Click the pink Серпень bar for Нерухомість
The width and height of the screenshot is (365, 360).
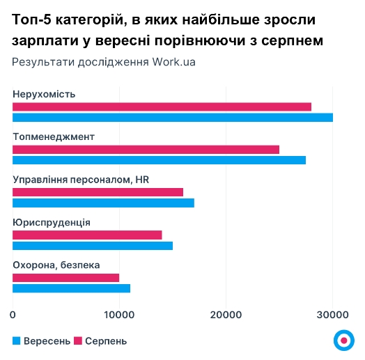(x=162, y=107)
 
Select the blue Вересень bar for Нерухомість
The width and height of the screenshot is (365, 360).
(x=173, y=117)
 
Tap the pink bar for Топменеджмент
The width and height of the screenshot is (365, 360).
(x=146, y=150)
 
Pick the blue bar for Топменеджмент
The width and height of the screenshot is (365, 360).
(x=159, y=160)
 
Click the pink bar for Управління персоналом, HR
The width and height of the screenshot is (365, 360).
(x=98, y=192)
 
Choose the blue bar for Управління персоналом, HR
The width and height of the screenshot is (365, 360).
(x=103, y=203)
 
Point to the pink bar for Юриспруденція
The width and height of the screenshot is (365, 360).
(x=87, y=235)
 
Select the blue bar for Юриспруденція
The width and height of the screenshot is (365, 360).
(x=93, y=246)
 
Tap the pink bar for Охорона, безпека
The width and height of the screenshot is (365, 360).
(x=65, y=278)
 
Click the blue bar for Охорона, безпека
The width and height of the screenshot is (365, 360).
(x=71, y=288)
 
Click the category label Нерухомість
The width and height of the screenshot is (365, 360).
(x=44, y=94)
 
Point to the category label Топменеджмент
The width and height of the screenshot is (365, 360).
(x=54, y=136)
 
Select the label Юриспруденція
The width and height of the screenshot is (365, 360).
(x=52, y=223)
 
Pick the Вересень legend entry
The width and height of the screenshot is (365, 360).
(x=42, y=341)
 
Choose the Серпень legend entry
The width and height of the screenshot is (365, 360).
(x=100, y=341)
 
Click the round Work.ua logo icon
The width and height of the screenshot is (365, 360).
(x=343, y=339)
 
